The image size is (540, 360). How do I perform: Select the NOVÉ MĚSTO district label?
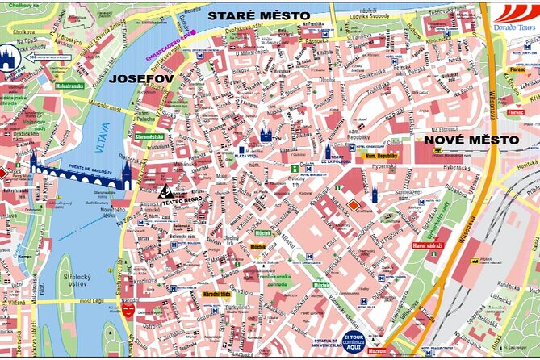pyautogui.click(x=471, y=140)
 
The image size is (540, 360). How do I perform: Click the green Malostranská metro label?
pyautogui.click(x=70, y=85)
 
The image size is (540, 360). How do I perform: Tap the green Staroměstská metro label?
pyautogui.click(x=150, y=138)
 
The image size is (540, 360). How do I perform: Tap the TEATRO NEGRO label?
pyautogui.click(x=182, y=204)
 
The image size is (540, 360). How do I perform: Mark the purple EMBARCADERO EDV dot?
pyautogui.click(x=194, y=54)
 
